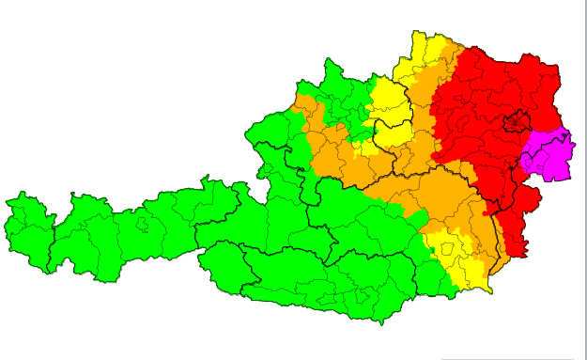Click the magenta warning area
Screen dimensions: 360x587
tap(550, 154)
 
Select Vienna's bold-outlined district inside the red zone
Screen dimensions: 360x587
tap(515, 122)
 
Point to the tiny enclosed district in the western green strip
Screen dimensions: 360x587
tap(141, 225)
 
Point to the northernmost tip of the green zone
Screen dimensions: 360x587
tap(328, 59)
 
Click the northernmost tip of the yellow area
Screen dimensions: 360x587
tap(414, 31)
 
